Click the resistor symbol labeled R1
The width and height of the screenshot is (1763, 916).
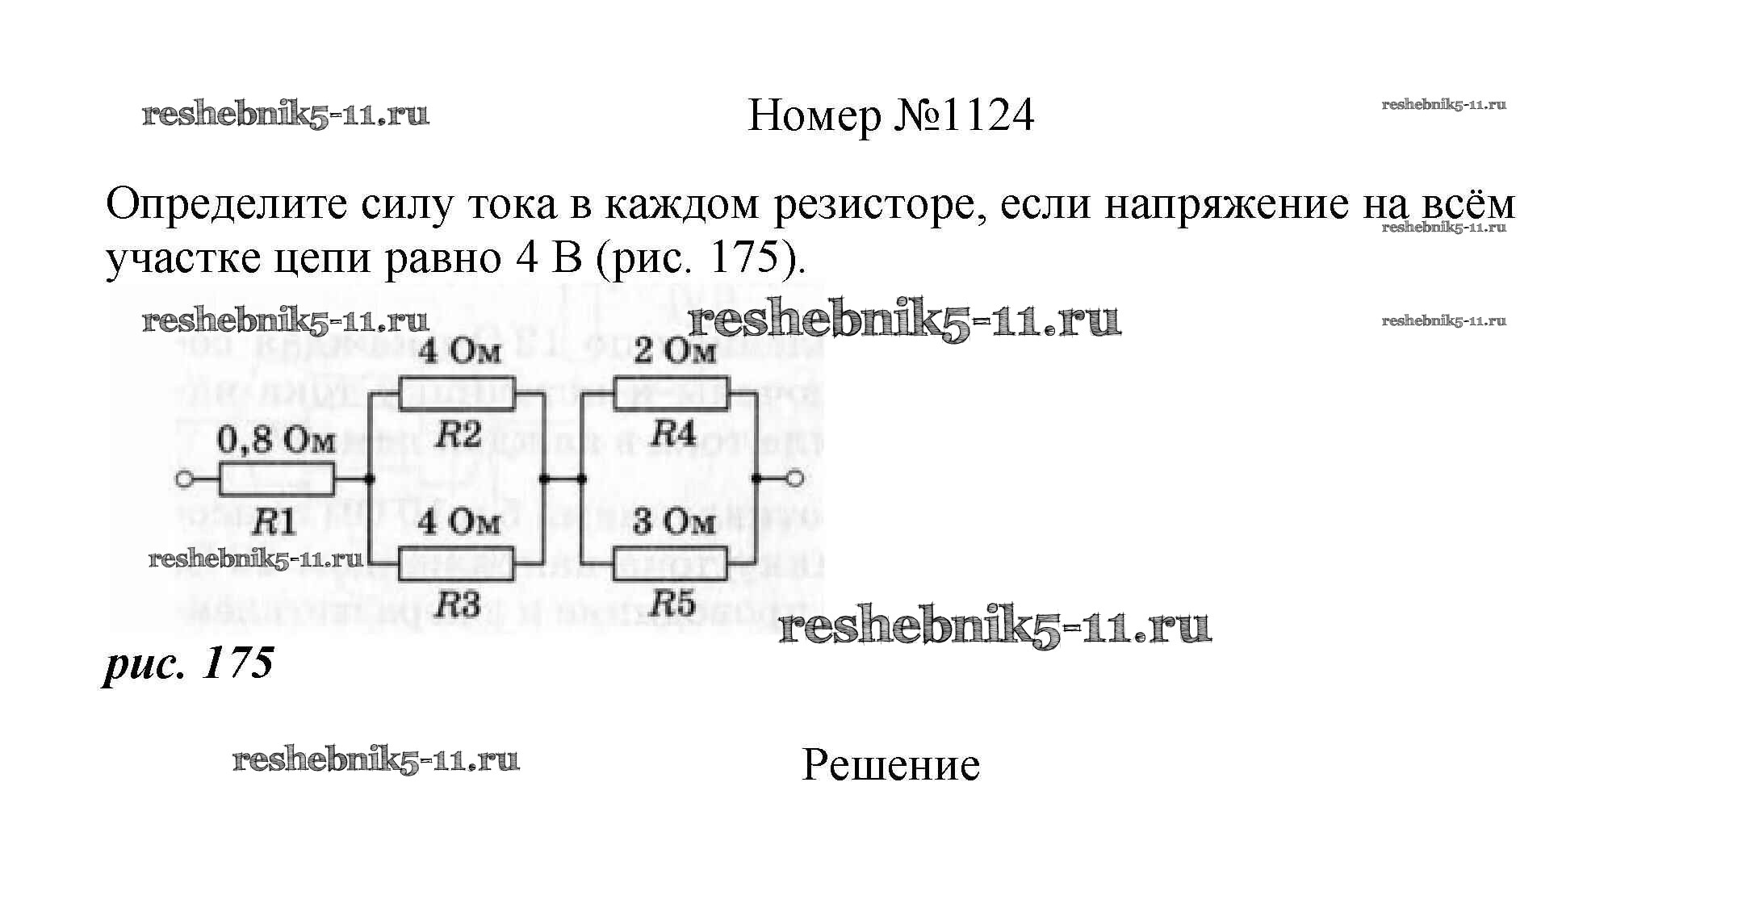pos(275,479)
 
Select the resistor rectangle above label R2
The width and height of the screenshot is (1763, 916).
pos(457,395)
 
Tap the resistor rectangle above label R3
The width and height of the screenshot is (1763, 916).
pos(457,563)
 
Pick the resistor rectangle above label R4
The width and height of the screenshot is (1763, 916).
pos(671,395)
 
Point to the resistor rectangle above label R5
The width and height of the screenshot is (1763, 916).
pos(671,563)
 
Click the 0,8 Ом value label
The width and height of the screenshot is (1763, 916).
pos(275,441)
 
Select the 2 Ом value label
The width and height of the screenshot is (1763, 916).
pos(674,352)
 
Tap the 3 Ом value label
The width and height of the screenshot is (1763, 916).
pos(674,522)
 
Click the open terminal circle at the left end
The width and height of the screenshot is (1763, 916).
pos(184,479)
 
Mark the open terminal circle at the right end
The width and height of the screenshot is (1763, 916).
pos(794,479)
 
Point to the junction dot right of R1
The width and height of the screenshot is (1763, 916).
pos(369,479)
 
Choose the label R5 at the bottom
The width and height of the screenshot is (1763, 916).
pos(673,604)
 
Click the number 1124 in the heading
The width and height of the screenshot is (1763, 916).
pos(986,115)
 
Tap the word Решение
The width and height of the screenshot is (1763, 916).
pos(890,765)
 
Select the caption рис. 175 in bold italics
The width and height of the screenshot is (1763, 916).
pos(189,663)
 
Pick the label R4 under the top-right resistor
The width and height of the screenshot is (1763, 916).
pos(673,435)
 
